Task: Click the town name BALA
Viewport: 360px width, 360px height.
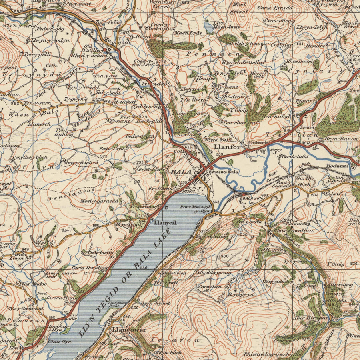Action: [182, 172]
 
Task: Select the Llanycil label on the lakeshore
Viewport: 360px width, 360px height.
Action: [166, 223]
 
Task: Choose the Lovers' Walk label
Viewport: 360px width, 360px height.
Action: [218, 139]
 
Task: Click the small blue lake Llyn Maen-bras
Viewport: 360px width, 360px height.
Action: [209, 27]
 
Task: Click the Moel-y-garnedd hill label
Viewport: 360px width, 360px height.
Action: [99, 201]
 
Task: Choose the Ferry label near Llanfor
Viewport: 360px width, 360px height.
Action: [276, 150]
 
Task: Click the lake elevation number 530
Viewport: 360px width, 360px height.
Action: [144, 268]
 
